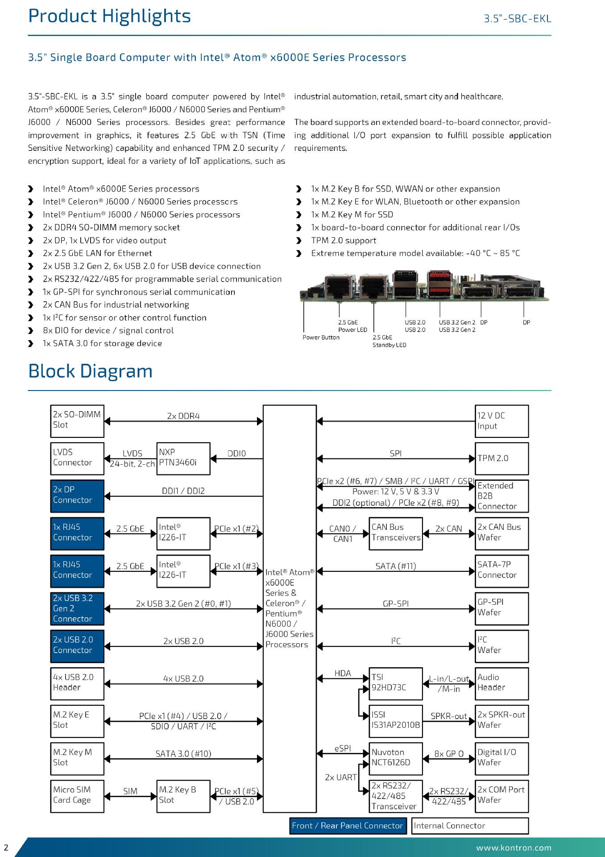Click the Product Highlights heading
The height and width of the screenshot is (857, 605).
[x=109, y=17]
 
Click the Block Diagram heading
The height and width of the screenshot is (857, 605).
[x=90, y=371]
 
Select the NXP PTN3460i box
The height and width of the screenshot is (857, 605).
[x=183, y=458]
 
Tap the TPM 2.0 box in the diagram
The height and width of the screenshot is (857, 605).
[x=501, y=458]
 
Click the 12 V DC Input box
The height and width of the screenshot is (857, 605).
[x=501, y=421]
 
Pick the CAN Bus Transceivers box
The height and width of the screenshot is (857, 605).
[x=396, y=533]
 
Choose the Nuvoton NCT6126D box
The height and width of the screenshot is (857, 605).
[x=396, y=758]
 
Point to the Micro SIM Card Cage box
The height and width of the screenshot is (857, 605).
[x=77, y=796]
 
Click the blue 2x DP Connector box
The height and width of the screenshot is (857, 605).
[x=77, y=496]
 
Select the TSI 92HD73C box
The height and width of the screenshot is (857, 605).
[x=396, y=683]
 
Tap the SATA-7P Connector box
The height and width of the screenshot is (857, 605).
[x=501, y=571]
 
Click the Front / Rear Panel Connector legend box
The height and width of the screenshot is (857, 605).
[x=348, y=826]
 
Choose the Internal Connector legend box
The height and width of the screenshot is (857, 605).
[x=470, y=826]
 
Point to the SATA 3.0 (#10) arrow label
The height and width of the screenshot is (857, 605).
[x=183, y=754]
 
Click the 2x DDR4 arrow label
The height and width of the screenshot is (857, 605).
[x=183, y=416]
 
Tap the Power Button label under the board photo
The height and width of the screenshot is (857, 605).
[x=321, y=337]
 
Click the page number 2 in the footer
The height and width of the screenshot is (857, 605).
[x=6, y=848]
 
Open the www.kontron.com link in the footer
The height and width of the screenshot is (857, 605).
[x=514, y=848]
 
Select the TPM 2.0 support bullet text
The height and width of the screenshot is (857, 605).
[x=344, y=241]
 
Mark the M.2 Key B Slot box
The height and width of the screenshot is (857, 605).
[x=183, y=796]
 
